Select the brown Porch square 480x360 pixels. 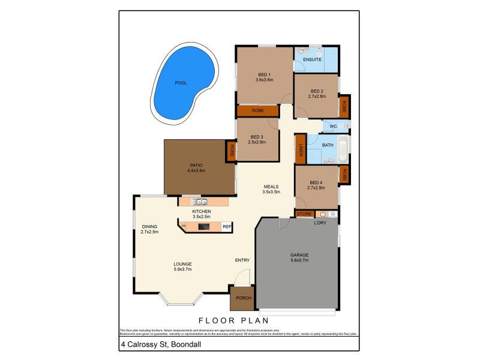242,298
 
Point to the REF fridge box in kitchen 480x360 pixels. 227,227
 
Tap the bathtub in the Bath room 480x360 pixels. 343,149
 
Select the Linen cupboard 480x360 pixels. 300,149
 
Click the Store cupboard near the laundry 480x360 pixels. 304,214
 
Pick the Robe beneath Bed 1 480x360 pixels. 257,111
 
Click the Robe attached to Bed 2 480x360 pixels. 344,107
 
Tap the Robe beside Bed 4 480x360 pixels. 344,175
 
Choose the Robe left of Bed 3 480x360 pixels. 230,151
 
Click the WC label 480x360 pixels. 329,127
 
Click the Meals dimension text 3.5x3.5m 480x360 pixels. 271,192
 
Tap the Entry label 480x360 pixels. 242,260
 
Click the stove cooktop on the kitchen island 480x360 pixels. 204,227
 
